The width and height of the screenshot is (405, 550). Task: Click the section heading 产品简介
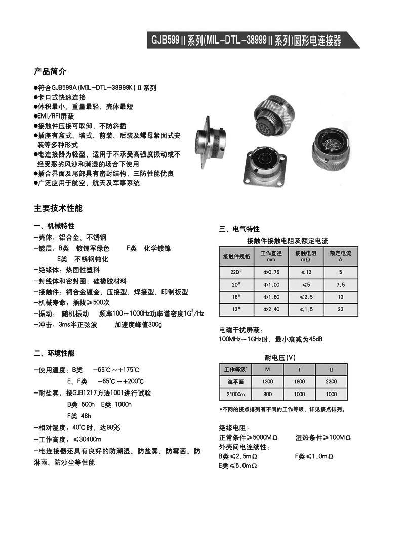[50, 71]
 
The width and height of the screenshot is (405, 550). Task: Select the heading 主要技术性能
[58, 208]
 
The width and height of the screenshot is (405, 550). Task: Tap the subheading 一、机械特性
[54, 226]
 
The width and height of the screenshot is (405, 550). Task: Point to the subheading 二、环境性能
[54, 353]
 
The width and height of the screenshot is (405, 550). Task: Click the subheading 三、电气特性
[239, 229]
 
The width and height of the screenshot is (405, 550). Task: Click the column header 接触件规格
[236, 256]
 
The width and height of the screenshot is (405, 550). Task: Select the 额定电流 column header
[340, 256]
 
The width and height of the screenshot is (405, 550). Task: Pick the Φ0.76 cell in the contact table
[271, 272]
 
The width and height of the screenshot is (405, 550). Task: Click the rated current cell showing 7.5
[340, 285]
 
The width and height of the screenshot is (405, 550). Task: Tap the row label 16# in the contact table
[236, 297]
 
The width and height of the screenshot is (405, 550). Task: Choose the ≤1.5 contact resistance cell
[306, 309]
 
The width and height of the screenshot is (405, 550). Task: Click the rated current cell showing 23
[340, 309]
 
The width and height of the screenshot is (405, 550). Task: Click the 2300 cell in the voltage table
[331, 382]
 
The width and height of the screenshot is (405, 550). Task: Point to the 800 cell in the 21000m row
[267, 394]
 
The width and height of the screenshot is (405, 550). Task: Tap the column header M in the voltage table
[267, 369]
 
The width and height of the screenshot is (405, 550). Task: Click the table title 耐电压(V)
[280, 357]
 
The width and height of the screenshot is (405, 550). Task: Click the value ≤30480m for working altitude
[88, 439]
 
